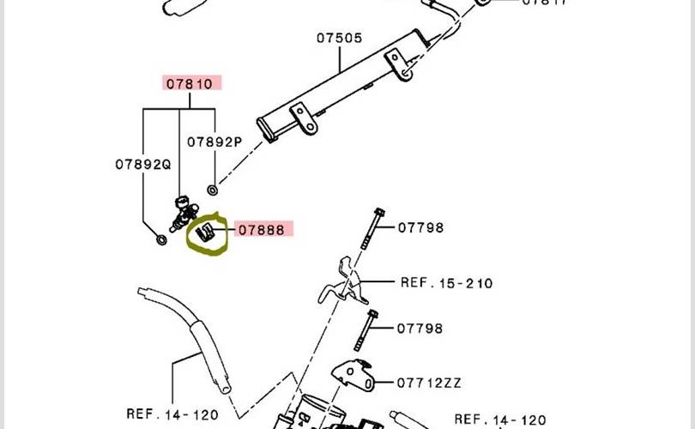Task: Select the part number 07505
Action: [x=338, y=39]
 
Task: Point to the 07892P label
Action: [x=215, y=142]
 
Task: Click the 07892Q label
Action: [x=143, y=163]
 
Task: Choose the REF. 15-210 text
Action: [x=446, y=282]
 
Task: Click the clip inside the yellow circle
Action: [x=205, y=232]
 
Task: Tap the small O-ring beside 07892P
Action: [x=212, y=189]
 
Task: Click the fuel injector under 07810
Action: [x=183, y=214]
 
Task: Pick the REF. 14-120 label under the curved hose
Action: [x=172, y=414]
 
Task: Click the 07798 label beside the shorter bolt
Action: [x=420, y=329]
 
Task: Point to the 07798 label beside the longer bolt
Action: [x=420, y=227]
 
